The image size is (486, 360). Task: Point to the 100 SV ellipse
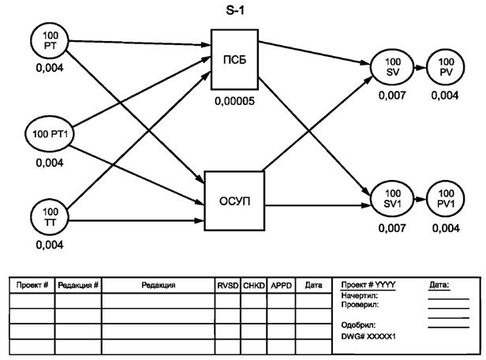pos(391,66)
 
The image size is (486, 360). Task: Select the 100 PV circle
pos(446,66)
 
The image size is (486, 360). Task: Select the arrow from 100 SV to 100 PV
pos(418,66)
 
